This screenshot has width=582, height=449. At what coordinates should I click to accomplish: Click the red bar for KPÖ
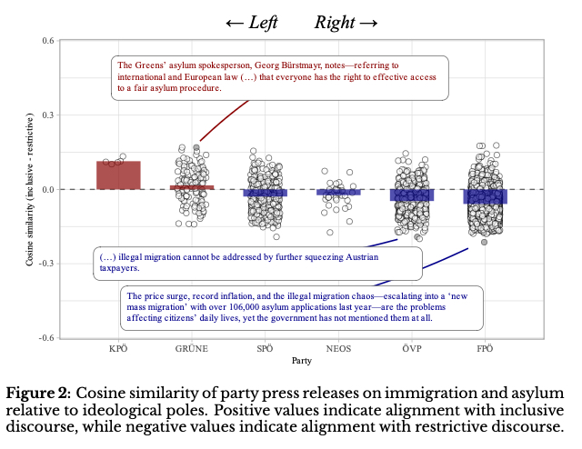tap(118, 175)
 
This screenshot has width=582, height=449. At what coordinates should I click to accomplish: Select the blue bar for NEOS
tap(338, 192)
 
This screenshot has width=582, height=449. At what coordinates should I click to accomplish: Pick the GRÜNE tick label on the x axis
tap(192, 348)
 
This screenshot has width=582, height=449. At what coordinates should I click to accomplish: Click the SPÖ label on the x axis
tap(265, 348)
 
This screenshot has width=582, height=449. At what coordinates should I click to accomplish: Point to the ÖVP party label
tap(411, 348)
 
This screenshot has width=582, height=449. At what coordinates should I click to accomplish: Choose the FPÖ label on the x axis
tap(485, 348)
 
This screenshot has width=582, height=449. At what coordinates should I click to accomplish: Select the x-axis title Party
tap(302, 361)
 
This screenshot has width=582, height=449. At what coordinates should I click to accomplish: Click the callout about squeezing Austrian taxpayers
tap(257, 263)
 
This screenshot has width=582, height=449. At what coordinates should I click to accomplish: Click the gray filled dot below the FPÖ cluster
tap(485, 242)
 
